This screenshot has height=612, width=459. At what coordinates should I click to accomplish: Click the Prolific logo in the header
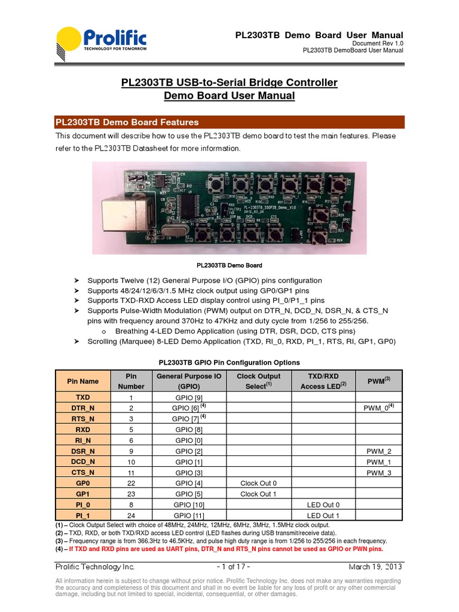[102, 44]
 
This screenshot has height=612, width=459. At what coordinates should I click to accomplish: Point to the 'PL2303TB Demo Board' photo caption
[229, 265]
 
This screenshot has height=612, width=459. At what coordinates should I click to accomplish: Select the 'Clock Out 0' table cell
[258, 483]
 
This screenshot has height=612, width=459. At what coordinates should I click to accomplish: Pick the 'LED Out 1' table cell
[323, 515]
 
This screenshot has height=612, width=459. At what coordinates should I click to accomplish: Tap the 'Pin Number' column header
[131, 381]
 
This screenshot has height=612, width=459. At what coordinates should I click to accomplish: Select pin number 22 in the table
[131, 483]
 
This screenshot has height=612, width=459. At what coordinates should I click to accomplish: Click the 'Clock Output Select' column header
[258, 381]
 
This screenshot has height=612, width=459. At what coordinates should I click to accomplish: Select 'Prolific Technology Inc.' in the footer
[95, 567]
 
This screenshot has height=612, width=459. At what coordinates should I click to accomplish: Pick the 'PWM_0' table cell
[379, 408]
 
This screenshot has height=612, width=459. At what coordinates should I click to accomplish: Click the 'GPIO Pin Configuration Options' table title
[229, 362]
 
